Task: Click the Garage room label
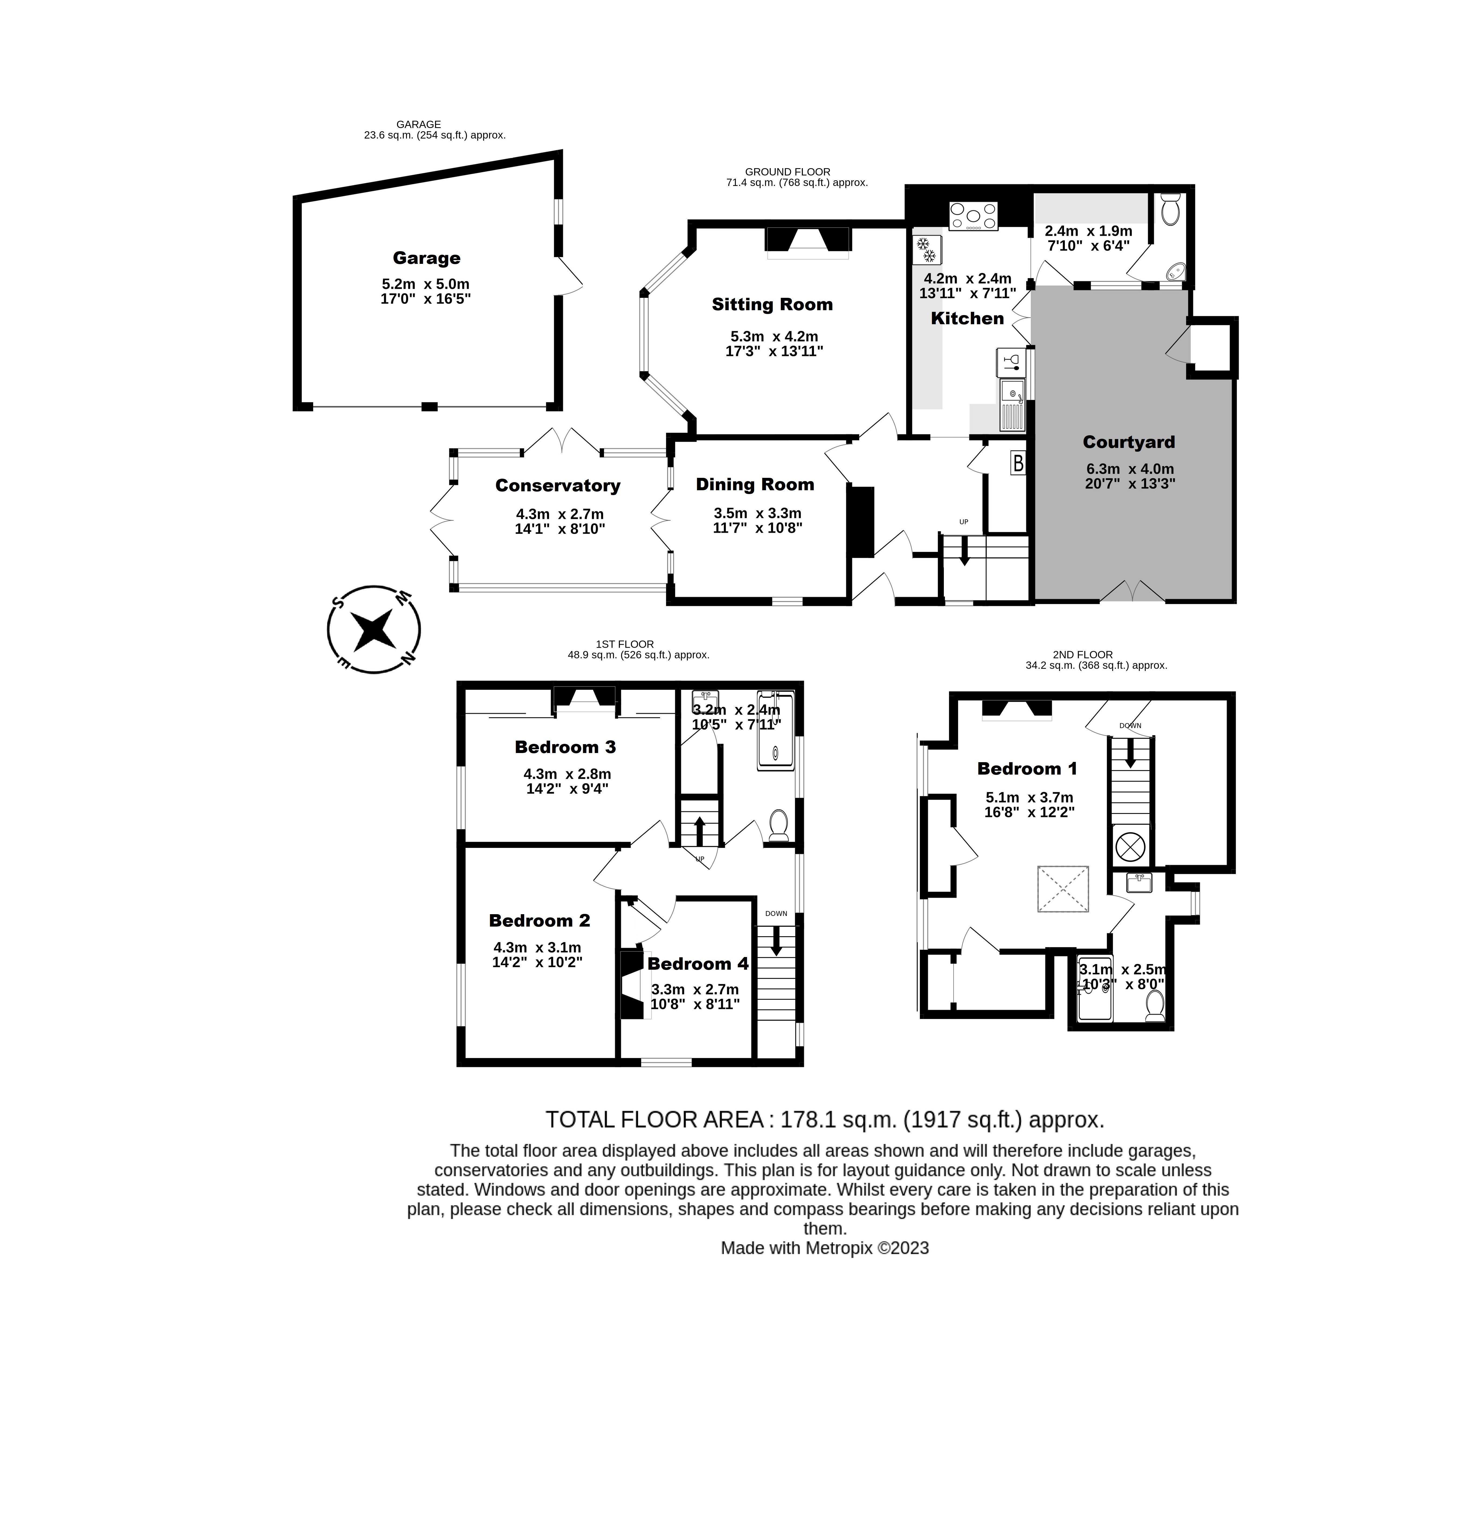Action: [426, 258]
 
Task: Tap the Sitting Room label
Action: [772, 305]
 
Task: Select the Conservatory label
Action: [558, 485]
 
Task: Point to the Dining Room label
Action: [755, 485]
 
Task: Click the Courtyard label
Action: [1128, 442]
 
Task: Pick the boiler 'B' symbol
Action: [1017, 464]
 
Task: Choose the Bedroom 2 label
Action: [539, 920]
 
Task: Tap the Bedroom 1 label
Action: [1027, 769]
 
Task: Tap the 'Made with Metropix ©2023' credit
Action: [824, 1248]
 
